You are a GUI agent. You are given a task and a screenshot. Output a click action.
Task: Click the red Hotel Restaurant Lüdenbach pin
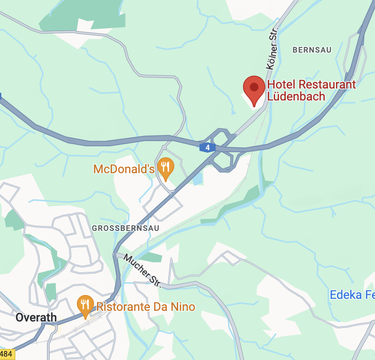pyautogui.click(x=254, y=88)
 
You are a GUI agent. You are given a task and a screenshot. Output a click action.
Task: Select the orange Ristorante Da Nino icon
pyautogui.click(x=85, y=304)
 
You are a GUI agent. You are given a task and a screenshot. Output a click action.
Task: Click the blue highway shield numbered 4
pyautogui.click(x=207, y=148)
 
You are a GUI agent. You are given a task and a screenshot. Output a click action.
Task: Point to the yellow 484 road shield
pyautogui.click(x=6, y=354)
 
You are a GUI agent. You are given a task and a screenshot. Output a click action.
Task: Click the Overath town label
pyautogui.click(x=36, y=317)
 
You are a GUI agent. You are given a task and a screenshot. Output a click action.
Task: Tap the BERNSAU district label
pyautogui.click(x=312, y=50)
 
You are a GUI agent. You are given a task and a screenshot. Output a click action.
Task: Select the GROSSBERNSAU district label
pyautogui.click(x=126, y=228)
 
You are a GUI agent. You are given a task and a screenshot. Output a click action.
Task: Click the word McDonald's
pyautogui.click(x=124, y=169)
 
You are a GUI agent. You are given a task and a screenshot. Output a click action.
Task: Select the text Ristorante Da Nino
pyautogui.click(x=146, y=307)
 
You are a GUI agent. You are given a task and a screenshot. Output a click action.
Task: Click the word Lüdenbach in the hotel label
pyautogui.click(x=296, y=96)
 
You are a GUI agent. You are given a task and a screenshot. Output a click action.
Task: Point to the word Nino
pyautogui.click(x=184, y=307)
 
